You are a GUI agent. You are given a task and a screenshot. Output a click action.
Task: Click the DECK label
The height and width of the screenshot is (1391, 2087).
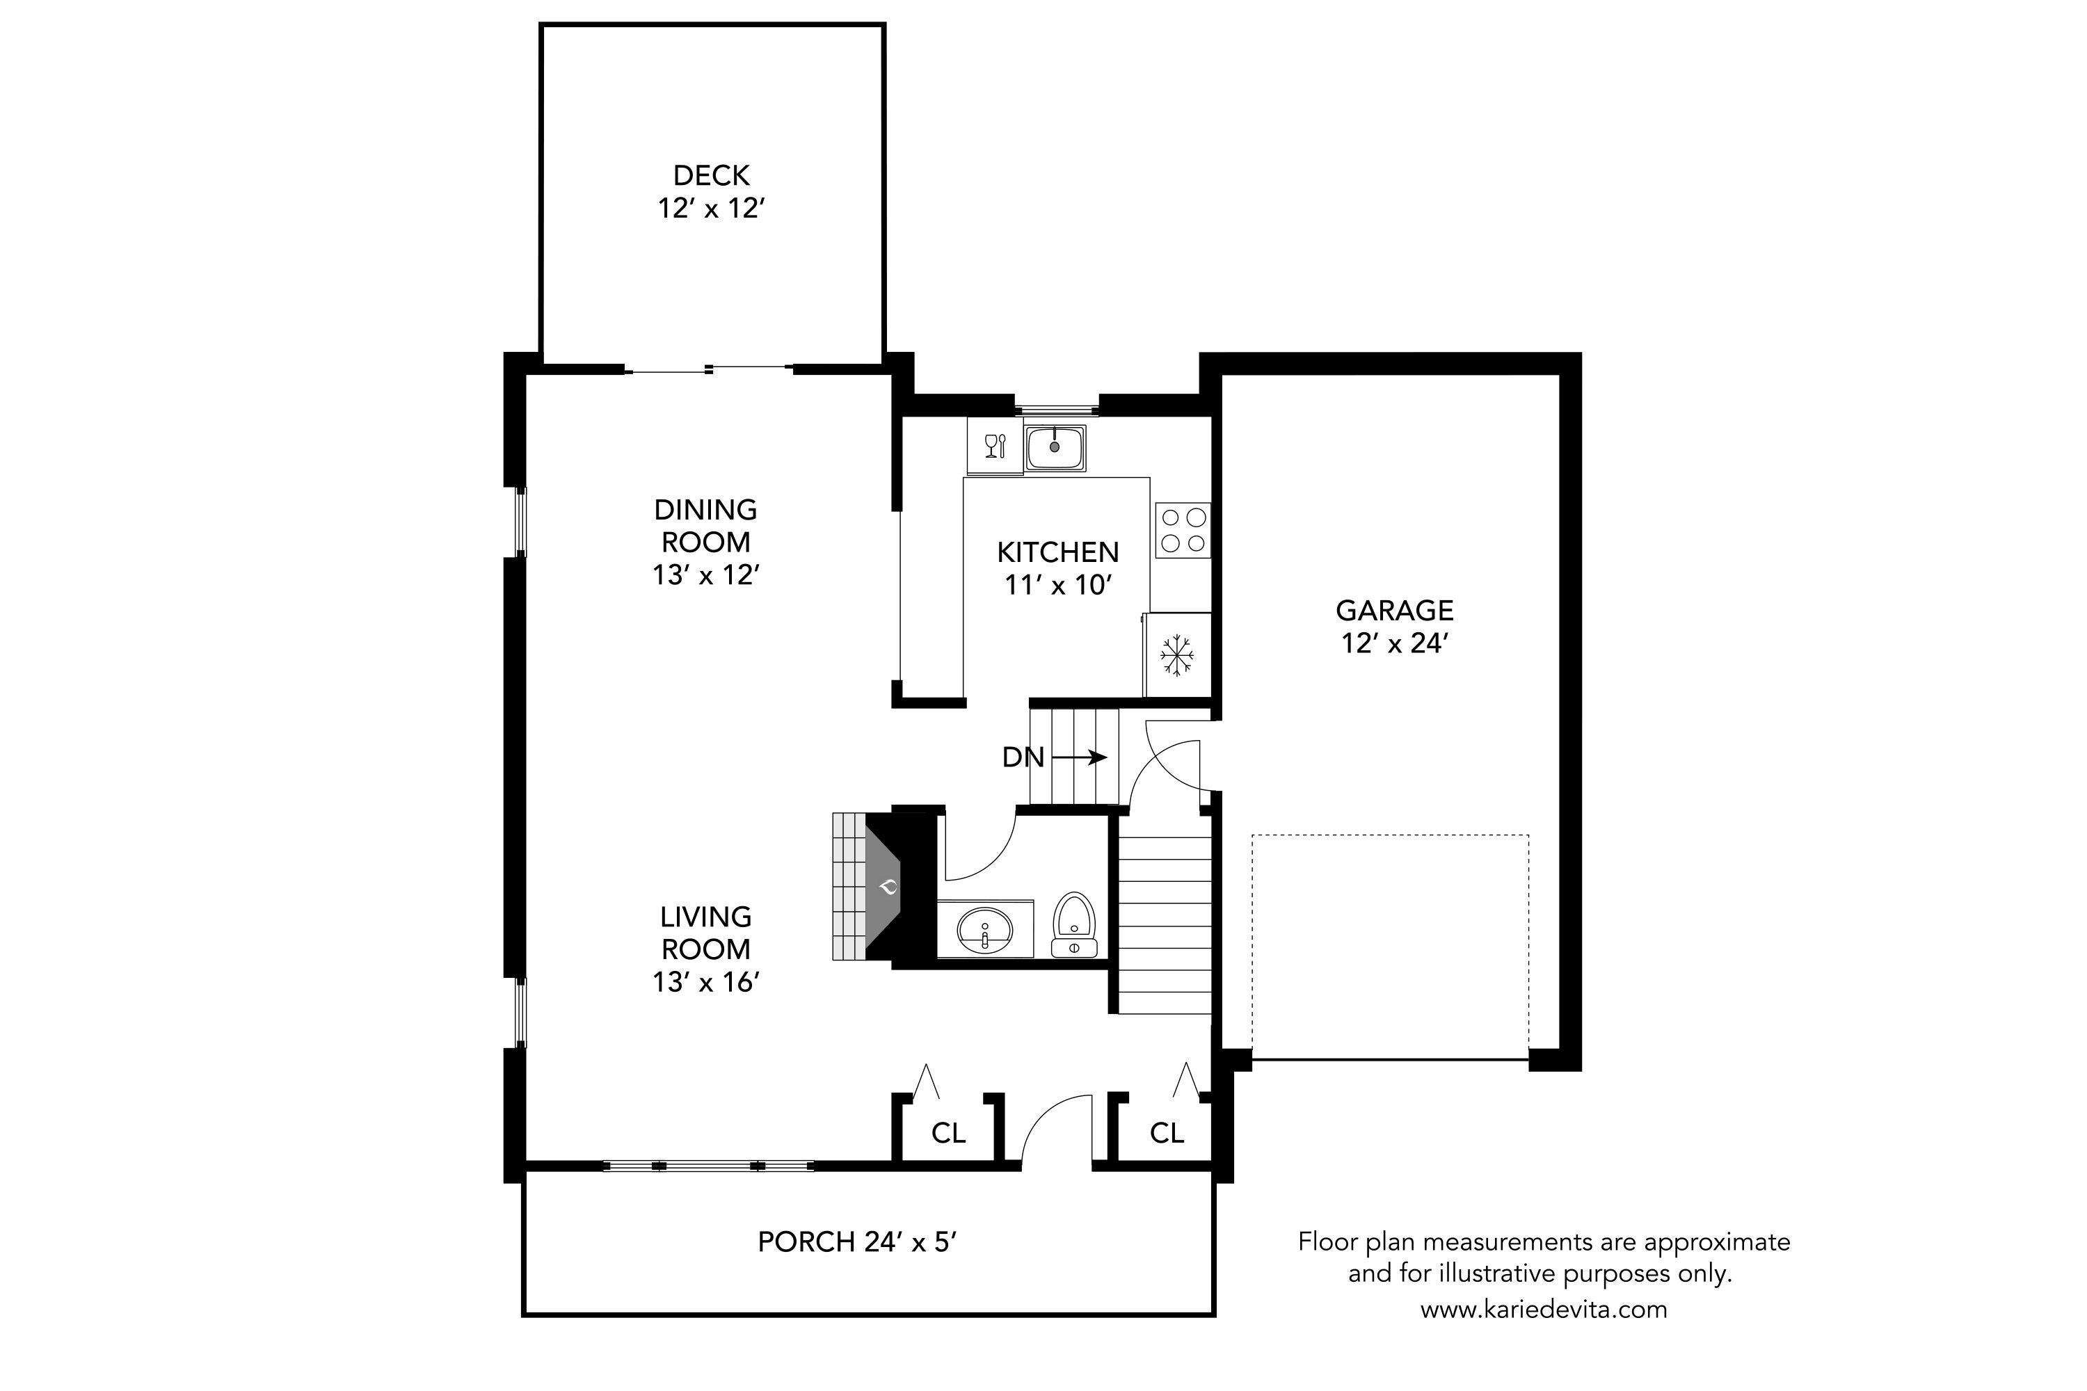[x=712, y=176]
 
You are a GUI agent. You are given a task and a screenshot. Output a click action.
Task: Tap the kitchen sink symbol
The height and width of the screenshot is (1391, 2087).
[x=1055, y=447]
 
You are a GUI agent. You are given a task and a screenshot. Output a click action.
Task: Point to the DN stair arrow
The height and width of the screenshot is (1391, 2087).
[x=1079, y=757]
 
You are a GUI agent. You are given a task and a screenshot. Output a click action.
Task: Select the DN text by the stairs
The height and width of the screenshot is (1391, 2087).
[x=1023, y=757]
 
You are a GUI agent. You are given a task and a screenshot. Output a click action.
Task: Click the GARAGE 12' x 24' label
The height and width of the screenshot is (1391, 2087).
[x=1394, y=627]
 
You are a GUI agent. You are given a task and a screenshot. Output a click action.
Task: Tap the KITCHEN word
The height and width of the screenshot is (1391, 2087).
[x=1057, y=553]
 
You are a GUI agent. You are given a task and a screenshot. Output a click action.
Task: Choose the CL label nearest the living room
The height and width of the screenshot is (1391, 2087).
[x=949, y=1133]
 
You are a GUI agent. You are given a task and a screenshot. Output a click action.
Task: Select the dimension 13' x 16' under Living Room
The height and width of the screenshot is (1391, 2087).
[x=706, y=982]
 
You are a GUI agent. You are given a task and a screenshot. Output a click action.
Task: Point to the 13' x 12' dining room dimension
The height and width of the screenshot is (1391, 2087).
[x=706, y=575]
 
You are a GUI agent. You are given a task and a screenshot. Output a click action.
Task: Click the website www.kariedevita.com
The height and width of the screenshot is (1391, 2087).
[x=1544, y=1310]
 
